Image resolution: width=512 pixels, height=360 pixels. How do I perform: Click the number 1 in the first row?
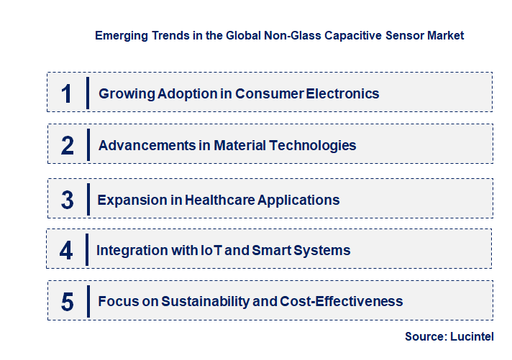[x=67, y=93]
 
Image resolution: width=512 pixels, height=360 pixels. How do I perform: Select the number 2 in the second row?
[x=68, y=145]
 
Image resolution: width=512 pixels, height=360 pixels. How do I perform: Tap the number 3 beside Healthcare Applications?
[x=68, y=200]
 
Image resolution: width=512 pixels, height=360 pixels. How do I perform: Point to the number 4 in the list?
[x=67, y=250]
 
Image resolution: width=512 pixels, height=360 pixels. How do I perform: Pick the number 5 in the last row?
[x=68, y=302]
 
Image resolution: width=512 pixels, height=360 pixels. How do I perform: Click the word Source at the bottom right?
[x=424, y=336]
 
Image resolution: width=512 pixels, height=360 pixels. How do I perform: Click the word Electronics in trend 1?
[x=343, y=93]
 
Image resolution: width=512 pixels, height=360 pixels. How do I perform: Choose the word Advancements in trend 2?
[x=145, y=145]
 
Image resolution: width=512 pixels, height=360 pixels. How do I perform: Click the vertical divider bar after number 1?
[x=87, y=93]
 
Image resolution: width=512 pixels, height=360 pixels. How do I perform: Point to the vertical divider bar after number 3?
[x=87, y=199]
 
